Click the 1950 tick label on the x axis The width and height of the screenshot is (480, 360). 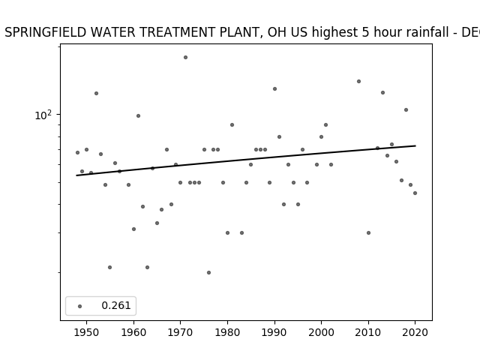(x=87, y=332)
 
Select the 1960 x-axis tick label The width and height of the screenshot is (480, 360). (x=133, y=332)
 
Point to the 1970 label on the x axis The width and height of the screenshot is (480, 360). (x=180, y=332)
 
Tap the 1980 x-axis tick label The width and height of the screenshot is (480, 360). (x=227, y=332)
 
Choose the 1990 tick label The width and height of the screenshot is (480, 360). (x=274, y=332)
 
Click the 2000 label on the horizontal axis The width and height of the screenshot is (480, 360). (x=322, y=332)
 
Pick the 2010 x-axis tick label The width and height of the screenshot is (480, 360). (x=368, y=332)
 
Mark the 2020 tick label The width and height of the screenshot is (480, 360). (x=415, y=332)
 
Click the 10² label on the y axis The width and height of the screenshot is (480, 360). (x=43, y=115)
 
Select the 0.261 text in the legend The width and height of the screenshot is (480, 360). (x=116, y=305)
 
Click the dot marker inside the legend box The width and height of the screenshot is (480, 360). (x=80, y=306)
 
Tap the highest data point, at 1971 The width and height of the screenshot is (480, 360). (x=185, y=57)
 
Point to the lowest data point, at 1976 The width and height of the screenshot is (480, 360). (x=208, y=272)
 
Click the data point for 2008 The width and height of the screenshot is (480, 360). (x=358, y=82)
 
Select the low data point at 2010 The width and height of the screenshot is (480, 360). (x=368, y=232)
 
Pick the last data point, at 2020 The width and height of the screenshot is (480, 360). (x=415, y=193)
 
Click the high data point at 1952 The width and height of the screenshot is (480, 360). (x=97, y=93)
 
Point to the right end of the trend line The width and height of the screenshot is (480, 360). (x=415, y=145)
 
